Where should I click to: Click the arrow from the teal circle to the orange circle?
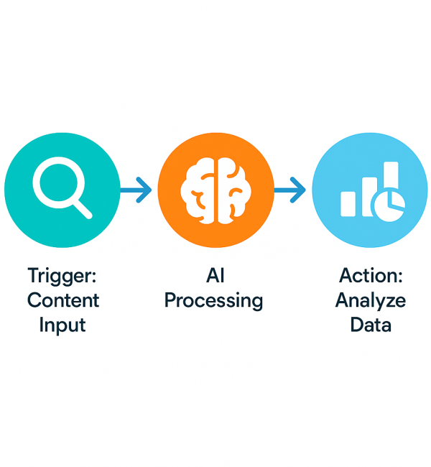coord(136,190)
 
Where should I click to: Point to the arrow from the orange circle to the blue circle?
coord(290,190)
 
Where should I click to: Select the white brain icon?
coord(215,190)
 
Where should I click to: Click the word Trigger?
coord(62,275)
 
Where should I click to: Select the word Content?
coord(62,300)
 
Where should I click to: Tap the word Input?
coord(62,324)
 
